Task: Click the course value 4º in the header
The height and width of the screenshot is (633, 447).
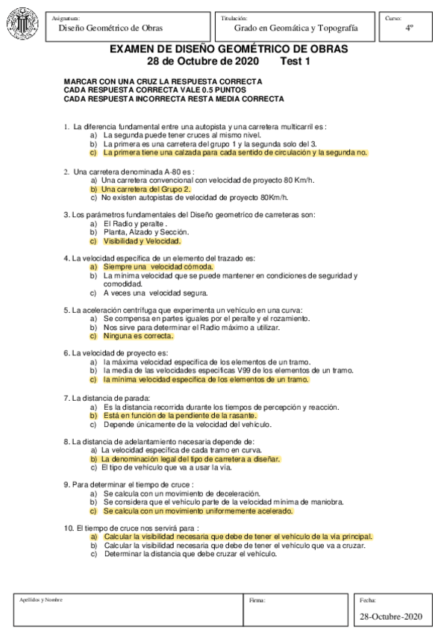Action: (410, 27)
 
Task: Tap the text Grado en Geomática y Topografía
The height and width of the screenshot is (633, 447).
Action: (295, 28)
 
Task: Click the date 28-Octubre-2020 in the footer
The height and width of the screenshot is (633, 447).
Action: (391, 617)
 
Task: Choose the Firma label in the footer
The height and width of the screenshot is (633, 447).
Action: (257, 599)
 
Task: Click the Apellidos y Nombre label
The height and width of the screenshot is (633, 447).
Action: (43, 599)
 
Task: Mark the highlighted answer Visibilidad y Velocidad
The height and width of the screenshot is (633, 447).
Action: (143, 242)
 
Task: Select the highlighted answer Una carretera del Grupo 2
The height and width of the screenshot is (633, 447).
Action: (142, 190)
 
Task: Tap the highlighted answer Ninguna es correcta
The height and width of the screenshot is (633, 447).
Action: (138, 336)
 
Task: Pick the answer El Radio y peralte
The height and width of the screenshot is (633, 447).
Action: (136, 223)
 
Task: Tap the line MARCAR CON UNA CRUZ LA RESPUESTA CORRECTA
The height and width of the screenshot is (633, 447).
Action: (163, 81)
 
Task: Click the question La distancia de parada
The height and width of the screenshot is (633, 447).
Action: (111, 397)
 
